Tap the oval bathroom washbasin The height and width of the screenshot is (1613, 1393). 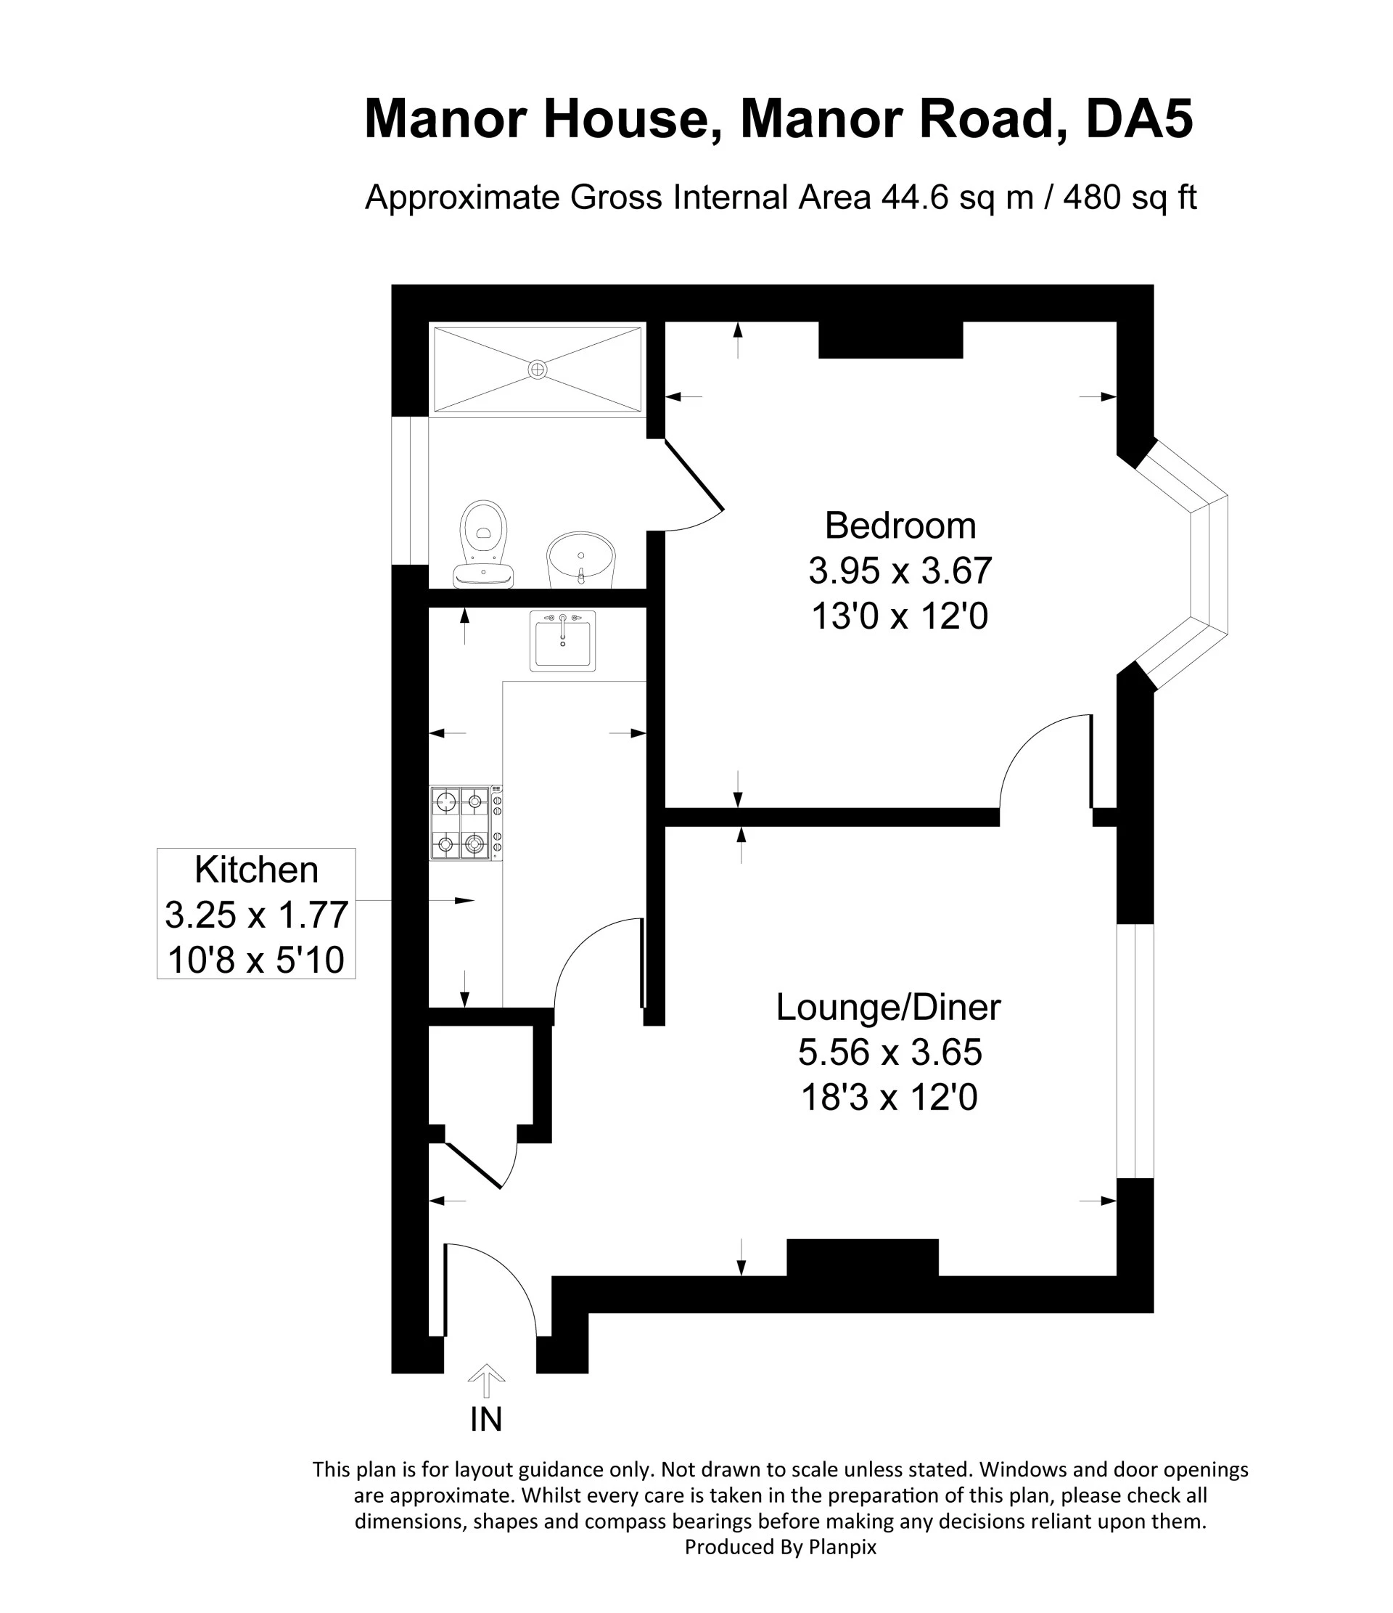(x=580, y=560)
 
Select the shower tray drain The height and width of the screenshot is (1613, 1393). (x=538, y=369)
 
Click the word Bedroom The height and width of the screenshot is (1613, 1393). (x=900, y=526)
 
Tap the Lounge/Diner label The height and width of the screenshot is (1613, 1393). (x=889, y=1008)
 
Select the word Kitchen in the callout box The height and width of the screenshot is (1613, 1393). (x=256, y=870)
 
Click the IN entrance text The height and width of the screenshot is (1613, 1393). (x=486, y=1420)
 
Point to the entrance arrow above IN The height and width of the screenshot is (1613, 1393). (x=486, y=1381)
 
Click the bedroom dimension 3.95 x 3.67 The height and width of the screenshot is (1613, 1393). (x=900, y=571)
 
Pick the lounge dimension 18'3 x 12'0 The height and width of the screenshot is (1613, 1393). (x=889, y=1098)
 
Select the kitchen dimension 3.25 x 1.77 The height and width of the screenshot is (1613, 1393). (x=256, y=915)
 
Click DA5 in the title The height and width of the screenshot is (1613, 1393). (x=1139, y=119)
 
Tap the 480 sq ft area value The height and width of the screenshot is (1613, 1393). (x=1130, y=197)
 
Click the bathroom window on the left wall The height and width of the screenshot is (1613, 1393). (x=410, y=491)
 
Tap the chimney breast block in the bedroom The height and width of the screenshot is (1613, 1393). (x=891, y=340)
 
